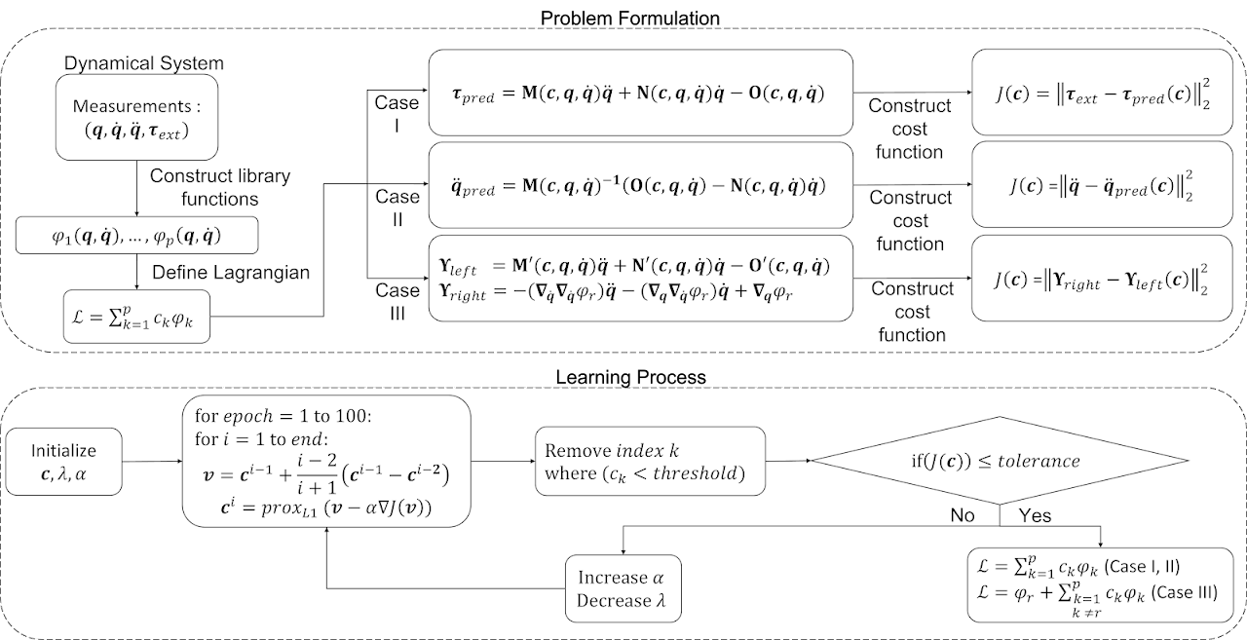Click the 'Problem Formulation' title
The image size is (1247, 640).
coord(629,18)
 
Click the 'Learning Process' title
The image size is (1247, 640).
coord(630,377)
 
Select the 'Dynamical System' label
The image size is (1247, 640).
coord(143,63)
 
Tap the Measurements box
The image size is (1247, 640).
coord(136,118)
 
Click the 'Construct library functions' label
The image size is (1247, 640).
coord(220,187)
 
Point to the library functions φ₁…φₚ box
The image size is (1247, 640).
coord(137,236)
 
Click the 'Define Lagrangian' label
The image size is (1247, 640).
coord(231,272)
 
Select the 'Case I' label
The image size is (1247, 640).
coord(397,114)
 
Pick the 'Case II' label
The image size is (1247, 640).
coord(397,207)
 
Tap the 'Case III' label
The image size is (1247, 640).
coord(397,301)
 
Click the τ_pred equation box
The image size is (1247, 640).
coord(641,93)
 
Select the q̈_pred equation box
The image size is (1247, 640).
coord(641,185)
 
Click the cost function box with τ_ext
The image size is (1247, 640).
coord(1102,93)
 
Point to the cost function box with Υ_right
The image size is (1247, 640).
coord(1102,279)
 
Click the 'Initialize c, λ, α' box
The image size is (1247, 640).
coord(63,462)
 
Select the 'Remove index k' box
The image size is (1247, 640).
coord(650,462)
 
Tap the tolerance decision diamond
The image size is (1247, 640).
coord(1000,460)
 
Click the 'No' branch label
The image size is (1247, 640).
coord(962,514)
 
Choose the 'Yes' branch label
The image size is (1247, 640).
coord(1035,514)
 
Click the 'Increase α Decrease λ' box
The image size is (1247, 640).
coord(623,588)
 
